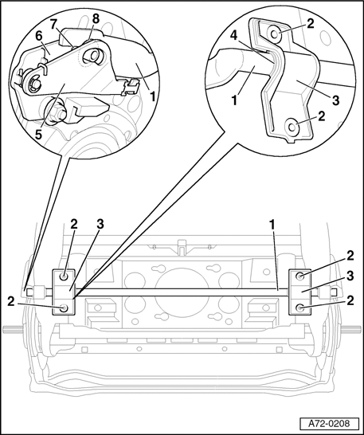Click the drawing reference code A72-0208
click(x=329, y=424)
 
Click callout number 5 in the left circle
click(x=38, y=135)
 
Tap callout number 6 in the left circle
click(x=38, y=36)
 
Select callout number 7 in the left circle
click(x=54, y=25)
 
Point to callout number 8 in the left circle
click(x=95, y=19)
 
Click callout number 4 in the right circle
click(x=234, y=36)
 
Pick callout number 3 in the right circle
click(x=335, y=100)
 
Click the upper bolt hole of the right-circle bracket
click(x=275, y=34)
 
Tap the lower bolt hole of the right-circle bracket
click(x=292, y=127)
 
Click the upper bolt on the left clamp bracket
click(x=65, y=277)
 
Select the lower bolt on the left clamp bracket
click(x=64, y=308)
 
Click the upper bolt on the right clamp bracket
click(x=300, y=276)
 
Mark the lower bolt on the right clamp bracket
click(x=300, y=308)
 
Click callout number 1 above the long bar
click(x=272, y=225)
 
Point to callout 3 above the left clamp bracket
click(x=100, y=224)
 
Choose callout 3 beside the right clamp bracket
click(x=350, y=276)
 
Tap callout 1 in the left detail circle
click(x=152, y=96)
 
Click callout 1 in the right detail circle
click(x=234, y=100)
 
